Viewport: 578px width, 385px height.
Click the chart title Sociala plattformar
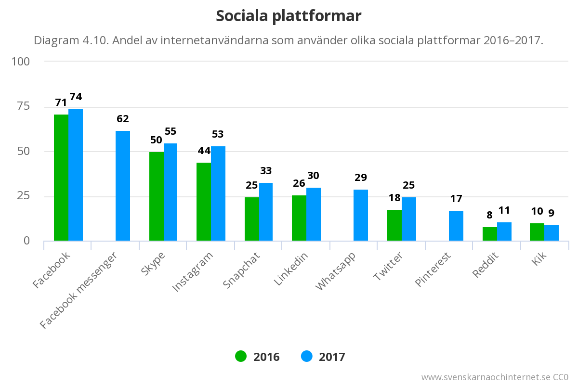289,16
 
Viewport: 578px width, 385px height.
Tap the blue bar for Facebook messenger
123,186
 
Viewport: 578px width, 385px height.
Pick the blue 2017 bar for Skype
171,192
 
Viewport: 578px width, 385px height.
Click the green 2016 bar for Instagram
204,202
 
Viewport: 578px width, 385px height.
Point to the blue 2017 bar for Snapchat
266,212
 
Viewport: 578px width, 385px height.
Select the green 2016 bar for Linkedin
299,218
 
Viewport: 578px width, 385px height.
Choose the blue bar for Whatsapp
361,215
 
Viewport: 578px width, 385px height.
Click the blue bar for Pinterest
456,226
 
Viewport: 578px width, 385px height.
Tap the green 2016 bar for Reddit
490,234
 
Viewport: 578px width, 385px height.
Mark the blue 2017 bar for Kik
552,233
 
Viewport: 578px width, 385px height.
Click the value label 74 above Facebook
76,97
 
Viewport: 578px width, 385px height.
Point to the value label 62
123,119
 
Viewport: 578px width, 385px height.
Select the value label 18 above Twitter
394,198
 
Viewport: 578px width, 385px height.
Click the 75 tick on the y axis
23,106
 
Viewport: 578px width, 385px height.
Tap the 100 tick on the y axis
21,62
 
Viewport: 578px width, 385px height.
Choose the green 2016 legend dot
241,357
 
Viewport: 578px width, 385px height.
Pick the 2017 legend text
332,357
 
